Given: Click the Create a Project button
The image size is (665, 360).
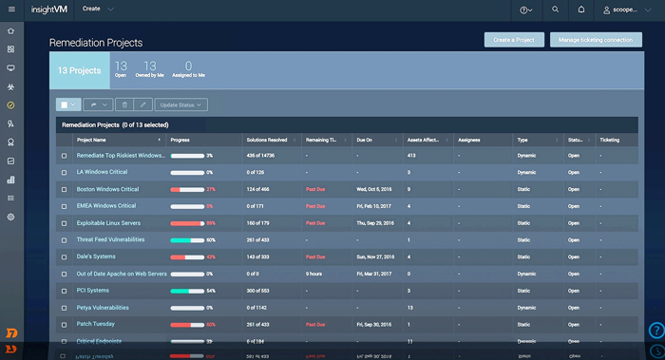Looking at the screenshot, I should click(x=514, y=40).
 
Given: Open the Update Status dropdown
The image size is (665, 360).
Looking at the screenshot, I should click(x=181, y=104).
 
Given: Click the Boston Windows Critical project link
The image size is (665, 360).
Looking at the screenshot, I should click(x=107, y=189).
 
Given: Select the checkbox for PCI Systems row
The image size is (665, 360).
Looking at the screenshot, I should click(x=65, y=291).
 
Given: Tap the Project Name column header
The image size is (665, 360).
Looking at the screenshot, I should click(x=91, y=140).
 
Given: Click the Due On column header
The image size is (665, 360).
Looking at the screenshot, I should click(x=365, y=140).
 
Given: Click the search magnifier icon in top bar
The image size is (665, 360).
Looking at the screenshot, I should click(x=556, y=9).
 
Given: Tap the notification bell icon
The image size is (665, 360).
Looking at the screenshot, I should click(x=581, y=9).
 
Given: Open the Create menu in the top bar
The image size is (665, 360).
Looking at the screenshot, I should click(x=98, y=9).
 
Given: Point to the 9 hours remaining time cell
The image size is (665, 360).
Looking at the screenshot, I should click(x=313, y=274).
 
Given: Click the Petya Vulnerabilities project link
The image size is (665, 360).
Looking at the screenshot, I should click(x=103, y=308).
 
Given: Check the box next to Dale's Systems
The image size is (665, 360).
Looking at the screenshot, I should click(x=65, y=256).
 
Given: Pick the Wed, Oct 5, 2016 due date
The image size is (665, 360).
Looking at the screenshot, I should click(x=382, y=189).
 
